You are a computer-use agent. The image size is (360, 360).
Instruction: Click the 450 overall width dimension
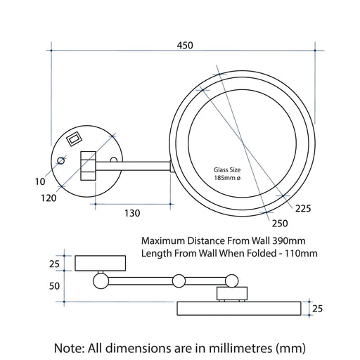coord(184,46)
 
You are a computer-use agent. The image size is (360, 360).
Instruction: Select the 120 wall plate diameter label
coord(49,199)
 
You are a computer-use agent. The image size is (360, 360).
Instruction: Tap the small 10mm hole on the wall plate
coord(60,162)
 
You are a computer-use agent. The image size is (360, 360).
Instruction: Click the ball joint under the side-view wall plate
coord(100,281)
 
